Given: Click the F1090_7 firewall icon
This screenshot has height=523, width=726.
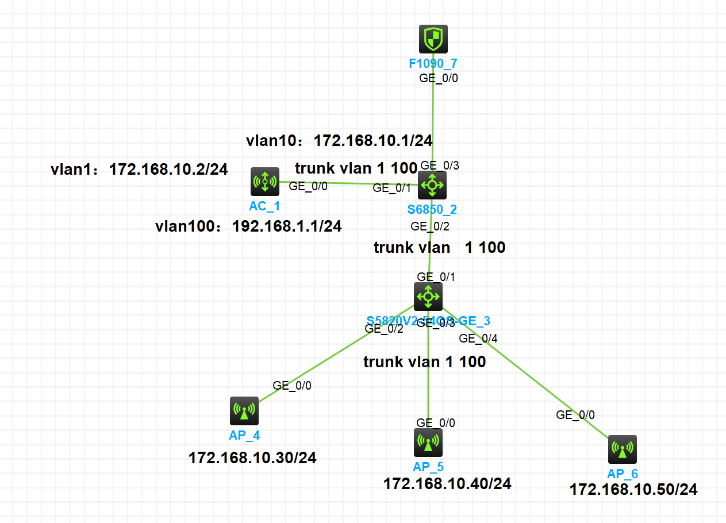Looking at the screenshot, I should point(433,39).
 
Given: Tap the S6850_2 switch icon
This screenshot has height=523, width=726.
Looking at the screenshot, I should point(432,185).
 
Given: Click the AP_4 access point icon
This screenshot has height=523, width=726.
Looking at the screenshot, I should point(244,411).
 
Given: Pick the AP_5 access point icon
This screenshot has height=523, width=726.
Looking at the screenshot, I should point(428,442).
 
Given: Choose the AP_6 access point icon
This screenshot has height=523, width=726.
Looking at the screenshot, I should point(623,449).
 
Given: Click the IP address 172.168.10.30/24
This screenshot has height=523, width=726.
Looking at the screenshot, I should point(252,458).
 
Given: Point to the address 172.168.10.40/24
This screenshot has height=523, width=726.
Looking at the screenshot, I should point(447,483).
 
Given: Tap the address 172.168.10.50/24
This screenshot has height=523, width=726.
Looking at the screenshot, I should point(633,490).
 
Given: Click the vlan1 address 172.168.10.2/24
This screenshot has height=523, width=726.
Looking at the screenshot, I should point(168,169).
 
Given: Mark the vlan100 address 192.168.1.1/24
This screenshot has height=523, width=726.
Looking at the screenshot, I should point(287,226).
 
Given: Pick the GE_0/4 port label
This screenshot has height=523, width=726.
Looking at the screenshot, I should point(478,338).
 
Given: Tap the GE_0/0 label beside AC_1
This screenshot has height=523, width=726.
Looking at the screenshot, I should point(308,186).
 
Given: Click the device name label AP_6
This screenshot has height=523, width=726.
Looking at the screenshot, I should point(623,474).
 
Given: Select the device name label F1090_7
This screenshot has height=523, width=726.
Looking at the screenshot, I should point(433,63).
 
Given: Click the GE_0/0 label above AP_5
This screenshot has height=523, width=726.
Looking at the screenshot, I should point(436,423).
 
